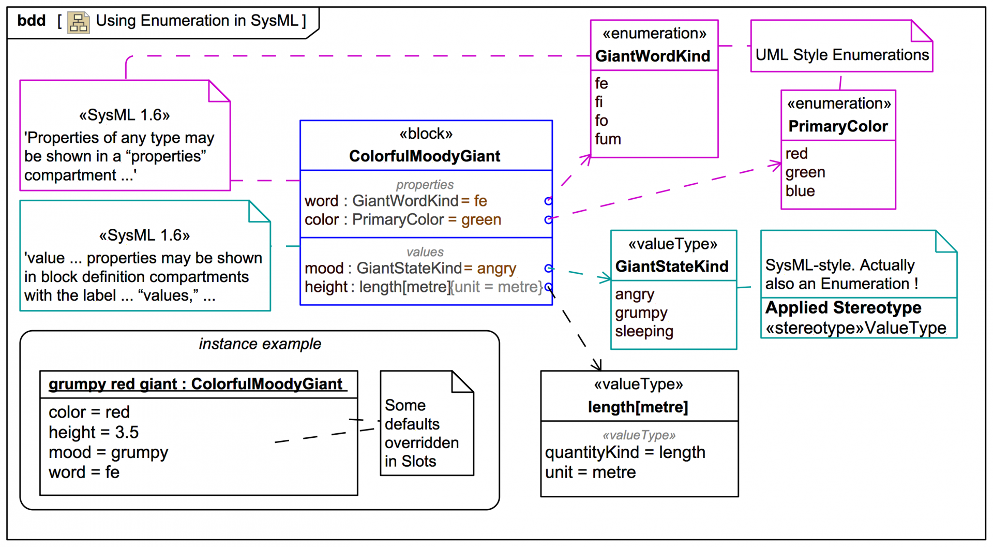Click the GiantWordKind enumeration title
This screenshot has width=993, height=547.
point(653,56)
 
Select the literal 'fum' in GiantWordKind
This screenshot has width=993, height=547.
point(608,139)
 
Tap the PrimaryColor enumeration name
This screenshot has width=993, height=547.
point(838,126)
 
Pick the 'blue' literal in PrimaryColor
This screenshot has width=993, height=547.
point(800,191)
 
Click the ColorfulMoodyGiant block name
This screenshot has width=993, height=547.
point(425,156)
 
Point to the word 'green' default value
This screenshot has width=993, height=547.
point(481,220)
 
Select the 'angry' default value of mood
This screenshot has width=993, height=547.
point(496,269)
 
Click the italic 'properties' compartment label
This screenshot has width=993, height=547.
point(425,185)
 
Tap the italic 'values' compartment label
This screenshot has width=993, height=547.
point(425,252)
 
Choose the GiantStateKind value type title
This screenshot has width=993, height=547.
point(672,267)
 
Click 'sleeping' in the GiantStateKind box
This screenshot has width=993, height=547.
point(644,332)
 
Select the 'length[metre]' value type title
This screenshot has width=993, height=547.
point(638,407)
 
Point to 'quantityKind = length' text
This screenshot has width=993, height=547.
point(625,453)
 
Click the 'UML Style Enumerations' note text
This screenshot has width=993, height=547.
point(842,55)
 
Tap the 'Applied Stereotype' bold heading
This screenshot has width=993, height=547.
point(843,308)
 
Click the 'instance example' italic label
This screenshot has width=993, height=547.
point(260,344)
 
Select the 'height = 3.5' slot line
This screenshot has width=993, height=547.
point(94,432)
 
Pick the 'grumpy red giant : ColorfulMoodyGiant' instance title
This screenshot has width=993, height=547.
point(195,384)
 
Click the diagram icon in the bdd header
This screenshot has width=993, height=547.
point(79,23)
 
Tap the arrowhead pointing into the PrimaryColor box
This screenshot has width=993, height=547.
point(776,165)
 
